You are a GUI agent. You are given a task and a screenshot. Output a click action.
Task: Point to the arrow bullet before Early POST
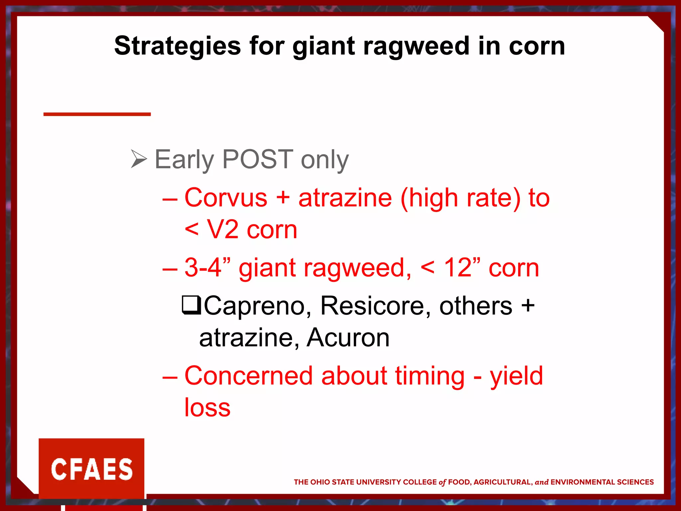point(139,159)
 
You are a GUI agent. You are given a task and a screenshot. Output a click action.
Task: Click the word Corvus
point(226,198)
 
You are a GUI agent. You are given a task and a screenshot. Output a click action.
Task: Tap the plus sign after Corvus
point(283,198)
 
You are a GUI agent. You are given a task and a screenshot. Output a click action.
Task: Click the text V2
point(222,230)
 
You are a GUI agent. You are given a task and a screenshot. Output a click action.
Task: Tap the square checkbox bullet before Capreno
point(191,305)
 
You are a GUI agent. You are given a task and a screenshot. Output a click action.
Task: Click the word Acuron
point(348,338)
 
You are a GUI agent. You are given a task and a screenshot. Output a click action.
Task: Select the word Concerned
point(248,376)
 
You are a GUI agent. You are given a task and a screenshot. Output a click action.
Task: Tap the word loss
point(207,408)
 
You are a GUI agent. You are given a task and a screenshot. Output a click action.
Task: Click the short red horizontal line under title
point(97,114)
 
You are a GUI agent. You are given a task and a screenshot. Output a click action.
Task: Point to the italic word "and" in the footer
point(541,482)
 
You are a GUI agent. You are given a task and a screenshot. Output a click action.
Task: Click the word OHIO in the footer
point(321,482)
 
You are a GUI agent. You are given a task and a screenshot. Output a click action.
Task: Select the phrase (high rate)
point(461,198)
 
